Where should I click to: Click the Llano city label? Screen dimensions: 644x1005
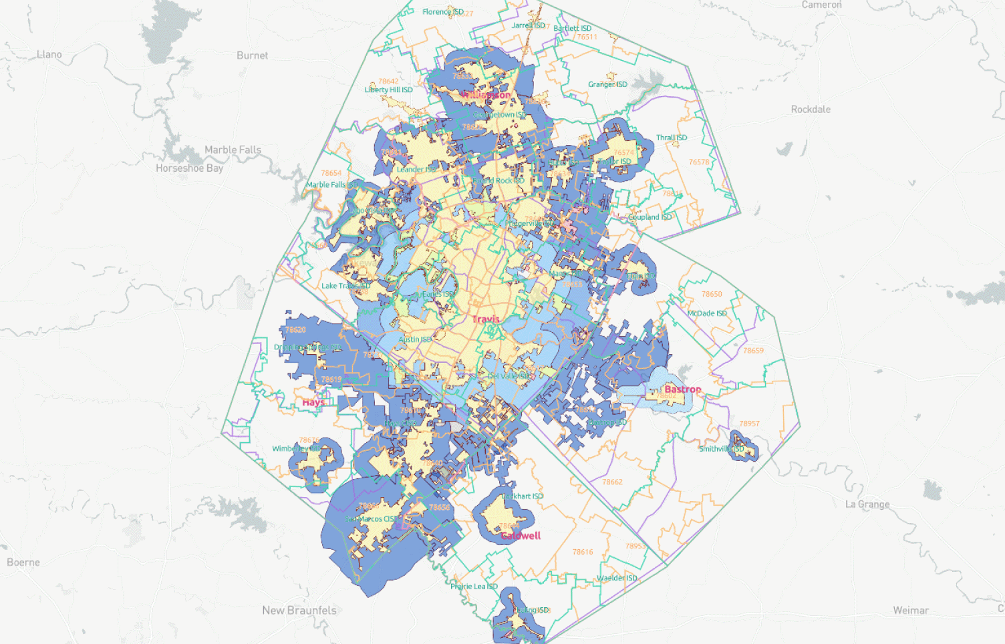pyautogui.click(x=49, y=54)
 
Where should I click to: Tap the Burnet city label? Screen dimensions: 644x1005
pyautogui.click(x=252, y=55)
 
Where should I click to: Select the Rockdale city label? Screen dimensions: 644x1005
pyautogui.click(x=811, y=109)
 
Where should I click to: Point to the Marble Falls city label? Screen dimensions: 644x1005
pyautogui.click(x=233, y=150)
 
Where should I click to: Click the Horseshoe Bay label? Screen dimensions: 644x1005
pyautogui.click(x=189, y=168)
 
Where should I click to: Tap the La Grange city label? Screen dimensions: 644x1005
pyautogui.click(x=867, y=504)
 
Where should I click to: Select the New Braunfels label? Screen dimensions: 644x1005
pyautogui.click(x=299, y=610)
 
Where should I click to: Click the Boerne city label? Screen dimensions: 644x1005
pyautogui.click(x=23, y=562)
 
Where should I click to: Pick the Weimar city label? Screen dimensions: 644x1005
pyautogui.click(x=911, y=610)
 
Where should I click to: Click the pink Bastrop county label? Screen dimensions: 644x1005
pyautogui.click(x=682, y=389)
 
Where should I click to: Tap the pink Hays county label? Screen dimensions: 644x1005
pyautogui.click(x=313, y=402)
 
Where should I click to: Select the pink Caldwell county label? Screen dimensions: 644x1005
pyautogui.click(x=521, y=535)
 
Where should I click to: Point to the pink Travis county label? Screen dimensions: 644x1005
pyautogui.click(x=486, y=319)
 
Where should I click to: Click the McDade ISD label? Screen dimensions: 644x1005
pyautogui.click(x=707, y=313)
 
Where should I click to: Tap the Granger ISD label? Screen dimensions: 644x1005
pyautogui.click(x=607, y=84)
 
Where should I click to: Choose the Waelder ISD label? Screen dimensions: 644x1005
pyautogui.click(x=617, y=578)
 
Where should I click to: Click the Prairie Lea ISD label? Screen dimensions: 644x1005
pyautogui.click(x=474, y=586)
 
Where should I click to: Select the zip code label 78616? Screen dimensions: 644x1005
pyautogui.click(x=583, y=552)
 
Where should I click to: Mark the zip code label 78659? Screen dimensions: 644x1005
pyautogui.click(x=753, y=350)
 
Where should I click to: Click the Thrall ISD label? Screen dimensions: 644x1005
pyautogui.click(x=671, y=138)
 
